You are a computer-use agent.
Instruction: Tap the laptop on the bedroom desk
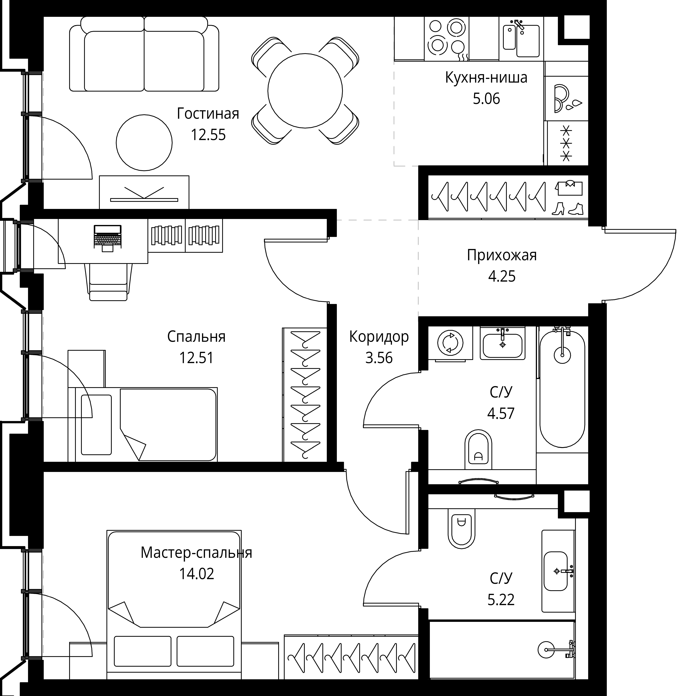coord(108,238)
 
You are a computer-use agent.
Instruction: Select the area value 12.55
coord(208,135)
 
